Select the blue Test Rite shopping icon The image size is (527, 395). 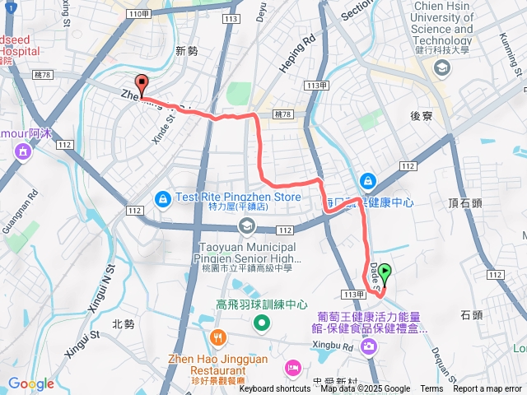(162, 198)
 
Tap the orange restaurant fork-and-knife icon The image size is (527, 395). (217, 337)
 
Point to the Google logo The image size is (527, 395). (31, 383)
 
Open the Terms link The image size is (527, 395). (431, 389)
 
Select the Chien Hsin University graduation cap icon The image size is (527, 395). (442, 67)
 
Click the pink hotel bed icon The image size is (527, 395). (292, 366)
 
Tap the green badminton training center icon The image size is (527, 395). (261, 323)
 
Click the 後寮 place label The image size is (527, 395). (422, 117)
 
